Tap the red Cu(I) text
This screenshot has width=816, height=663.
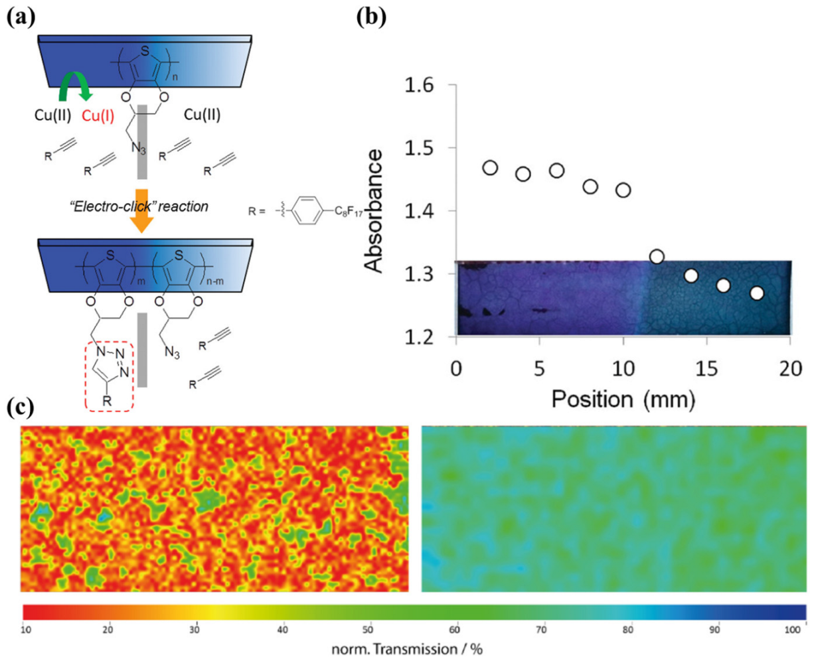98,115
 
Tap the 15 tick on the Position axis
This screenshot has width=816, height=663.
706,369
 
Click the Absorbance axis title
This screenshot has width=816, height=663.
376,211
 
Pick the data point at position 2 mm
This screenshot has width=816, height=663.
490,168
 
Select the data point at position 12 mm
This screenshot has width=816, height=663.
657,256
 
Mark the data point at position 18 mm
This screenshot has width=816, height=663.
757,293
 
